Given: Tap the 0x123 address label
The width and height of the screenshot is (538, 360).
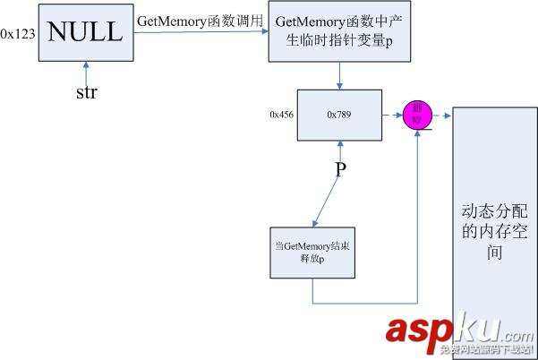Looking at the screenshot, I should point(18,33).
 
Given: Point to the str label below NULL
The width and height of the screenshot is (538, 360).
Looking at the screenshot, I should point(87,92).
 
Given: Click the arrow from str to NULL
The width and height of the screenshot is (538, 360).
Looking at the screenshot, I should point(85,72).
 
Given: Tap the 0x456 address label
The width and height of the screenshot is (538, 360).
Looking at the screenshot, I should point(282,115).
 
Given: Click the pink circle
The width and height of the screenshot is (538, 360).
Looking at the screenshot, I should point(417,115).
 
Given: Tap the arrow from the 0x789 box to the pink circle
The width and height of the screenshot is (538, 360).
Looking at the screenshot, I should point(392,115).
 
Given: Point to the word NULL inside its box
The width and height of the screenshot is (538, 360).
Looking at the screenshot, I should point(85,33).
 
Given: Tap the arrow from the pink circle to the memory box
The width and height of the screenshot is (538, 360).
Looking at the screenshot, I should point(441,115).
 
